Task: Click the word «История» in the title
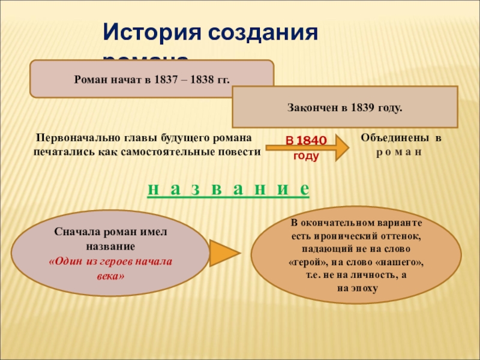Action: (151, 32)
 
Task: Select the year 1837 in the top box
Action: (165, 79)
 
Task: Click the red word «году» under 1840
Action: (305, 155)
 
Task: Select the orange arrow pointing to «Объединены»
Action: (339, 147)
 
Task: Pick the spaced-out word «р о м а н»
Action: (400, 151)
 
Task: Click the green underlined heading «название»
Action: (228, 189)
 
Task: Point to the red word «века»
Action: (110, 275)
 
